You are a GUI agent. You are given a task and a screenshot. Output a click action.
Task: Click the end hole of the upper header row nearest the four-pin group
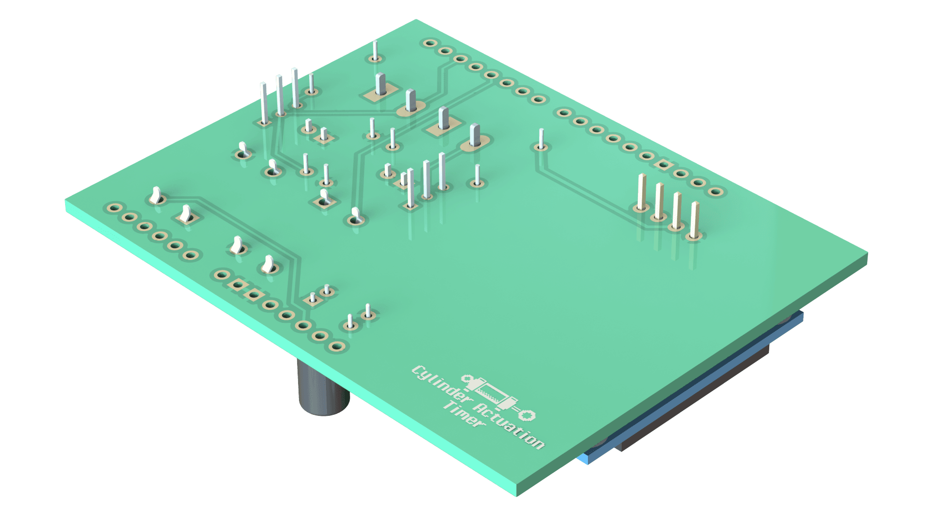pyautogui.click(x=717, y=192)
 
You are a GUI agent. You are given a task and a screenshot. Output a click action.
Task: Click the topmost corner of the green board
pyautogui.click(x=415, y=20)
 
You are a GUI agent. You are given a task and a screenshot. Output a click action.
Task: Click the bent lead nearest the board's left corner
pyautogui.click(x=155, y=195)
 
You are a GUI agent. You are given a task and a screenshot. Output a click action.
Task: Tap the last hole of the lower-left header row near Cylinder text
pyautogui.click(x=337, y=346)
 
